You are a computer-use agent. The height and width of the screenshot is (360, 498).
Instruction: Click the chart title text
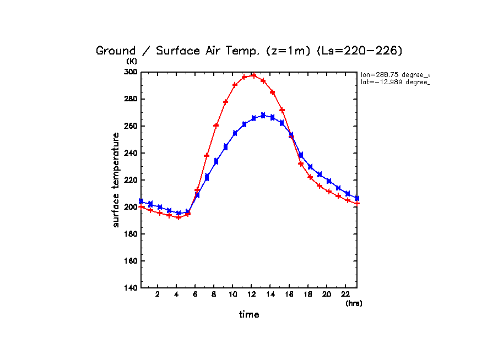pyautogui.click(x=249, y=51)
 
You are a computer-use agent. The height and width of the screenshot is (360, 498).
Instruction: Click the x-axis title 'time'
pyautogui.click(x=249, y=315)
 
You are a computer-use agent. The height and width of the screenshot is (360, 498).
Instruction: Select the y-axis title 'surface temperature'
pyautogui.click(x=116, y=179)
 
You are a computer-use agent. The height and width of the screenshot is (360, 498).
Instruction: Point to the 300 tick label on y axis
pyautogui.click(x=131, y=72)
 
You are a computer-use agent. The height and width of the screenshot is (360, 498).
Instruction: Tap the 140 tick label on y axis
pyautogui.click(x=131, y=288)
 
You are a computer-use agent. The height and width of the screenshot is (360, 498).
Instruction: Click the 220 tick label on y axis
pyautogui.click(x=131, y=180)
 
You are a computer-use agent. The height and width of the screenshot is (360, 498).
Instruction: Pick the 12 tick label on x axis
pyautogui.click(x=251, y=294)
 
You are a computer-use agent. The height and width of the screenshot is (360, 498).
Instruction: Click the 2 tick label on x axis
pyautogui.click(x=158, y=294)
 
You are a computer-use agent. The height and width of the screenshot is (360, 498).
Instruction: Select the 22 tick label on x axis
pyautogui.click(x=345, y=294)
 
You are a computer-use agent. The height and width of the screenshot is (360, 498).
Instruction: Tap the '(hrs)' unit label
pyautogui.click(x=354, y=303)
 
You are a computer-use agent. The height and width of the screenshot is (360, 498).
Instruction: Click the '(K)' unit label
pyautogui.click(x=131, y=61)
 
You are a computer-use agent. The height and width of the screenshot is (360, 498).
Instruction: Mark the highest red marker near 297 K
pyautogui.click(x=254, y=75)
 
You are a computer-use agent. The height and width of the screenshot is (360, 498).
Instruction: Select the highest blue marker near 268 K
pyautogui.click(x=263, y=115)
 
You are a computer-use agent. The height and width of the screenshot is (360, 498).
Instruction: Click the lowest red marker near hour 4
pyautogui.click(x=178, y=217)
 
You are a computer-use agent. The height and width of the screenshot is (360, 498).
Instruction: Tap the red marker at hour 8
pyautogui.click(x=216, y=126)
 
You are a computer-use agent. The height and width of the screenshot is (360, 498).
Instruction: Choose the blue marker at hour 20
pyautogui.click(x=329, y=181)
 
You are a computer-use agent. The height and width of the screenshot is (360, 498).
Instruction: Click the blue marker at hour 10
pyautogui.click(x=235, y=133)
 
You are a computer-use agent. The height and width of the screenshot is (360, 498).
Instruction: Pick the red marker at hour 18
pyautogui.click(x=310, y=177)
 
